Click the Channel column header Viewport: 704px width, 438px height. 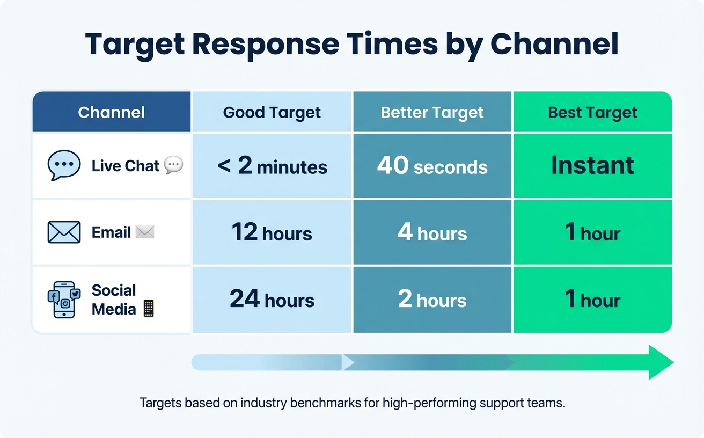(x=111, y=112)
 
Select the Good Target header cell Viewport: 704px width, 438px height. (x=272, y=113)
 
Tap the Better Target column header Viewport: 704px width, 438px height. (x=432, y=113)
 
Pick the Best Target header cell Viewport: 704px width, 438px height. (x=592, y=113)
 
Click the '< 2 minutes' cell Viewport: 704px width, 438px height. (x=272, y=166)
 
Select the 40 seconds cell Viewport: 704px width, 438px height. (x=432, y=166)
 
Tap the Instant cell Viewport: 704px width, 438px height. (x=592, y=165)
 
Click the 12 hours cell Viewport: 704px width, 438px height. (x=272, y=232)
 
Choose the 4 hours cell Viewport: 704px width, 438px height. (x=432, y=232)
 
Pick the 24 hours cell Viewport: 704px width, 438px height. (x=272, y=299)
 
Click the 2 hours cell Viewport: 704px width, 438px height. (x=432, y=299)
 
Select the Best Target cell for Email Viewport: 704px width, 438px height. (x=592, y=232)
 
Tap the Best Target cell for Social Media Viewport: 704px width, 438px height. (x=592, y=299)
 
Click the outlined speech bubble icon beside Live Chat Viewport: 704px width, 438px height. (x=64, y=165)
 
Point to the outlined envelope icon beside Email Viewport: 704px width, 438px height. (x=64, y=232)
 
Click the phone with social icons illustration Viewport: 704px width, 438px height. (x=64, y=300)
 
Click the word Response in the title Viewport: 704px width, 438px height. (x=266, y=45)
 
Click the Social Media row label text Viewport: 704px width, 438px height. (x=114, y=300)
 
